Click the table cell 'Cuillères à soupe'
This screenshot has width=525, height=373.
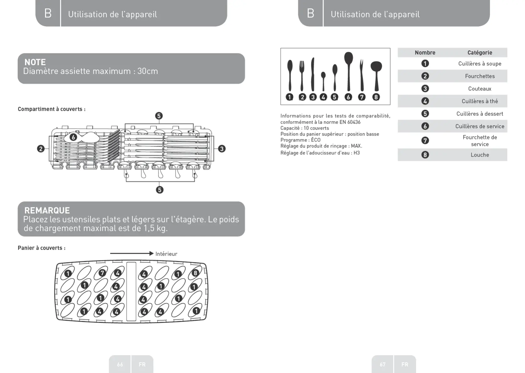480,64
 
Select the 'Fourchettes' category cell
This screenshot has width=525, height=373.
480,76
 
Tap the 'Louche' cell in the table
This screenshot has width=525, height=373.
480,155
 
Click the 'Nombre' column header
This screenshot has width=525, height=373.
425,53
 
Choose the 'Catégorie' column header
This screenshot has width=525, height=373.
480,53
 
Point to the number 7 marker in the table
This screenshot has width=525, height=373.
425,140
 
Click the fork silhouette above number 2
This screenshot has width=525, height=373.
302,75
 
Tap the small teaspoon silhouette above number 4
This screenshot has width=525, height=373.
323,80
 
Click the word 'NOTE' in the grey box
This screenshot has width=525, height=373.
35,62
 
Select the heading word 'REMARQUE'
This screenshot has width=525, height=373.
47,210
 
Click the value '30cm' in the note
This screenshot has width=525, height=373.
148,71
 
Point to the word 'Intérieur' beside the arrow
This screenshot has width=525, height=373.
166,254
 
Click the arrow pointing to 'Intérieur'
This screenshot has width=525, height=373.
131,253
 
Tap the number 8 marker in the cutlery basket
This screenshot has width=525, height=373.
196,273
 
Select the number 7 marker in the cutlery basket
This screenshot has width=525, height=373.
102,273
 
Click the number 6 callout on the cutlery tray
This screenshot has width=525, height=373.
73,137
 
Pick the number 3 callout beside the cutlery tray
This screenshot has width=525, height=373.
222,149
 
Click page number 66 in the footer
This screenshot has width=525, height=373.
120,364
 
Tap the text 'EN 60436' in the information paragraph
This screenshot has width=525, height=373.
350,122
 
